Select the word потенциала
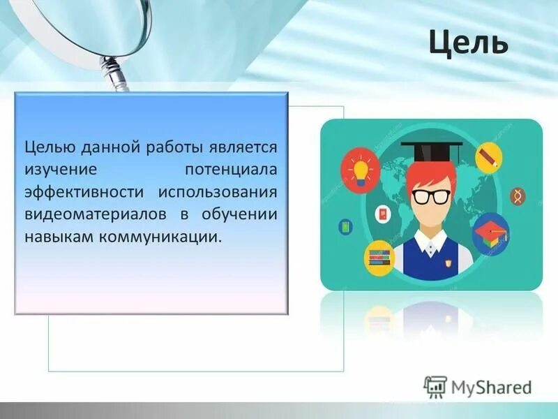(x=230, y=170)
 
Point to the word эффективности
(x=86, y=192)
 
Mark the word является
(x=243, y=147)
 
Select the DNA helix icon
(x=517, y=196)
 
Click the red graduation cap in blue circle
(x=491, y=233)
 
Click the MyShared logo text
(x=490, y=386)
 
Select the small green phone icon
(x=345, y=226)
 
